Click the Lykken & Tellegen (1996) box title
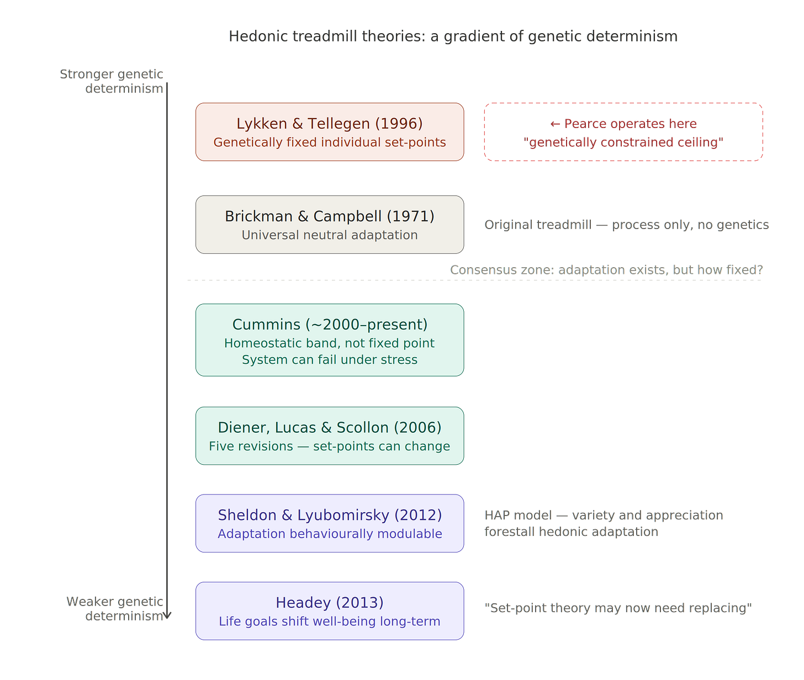click(x=330, y=124)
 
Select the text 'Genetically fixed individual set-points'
click(x=330, y=142)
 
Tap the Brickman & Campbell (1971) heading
click(x=330, y=216)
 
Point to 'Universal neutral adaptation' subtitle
click(x=330, y=235)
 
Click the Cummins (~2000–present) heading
click(x=330, y=325)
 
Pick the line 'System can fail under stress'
click(x=330, y=360)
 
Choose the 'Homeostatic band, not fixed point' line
click(x=330, y=343)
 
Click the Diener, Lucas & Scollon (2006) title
click(x=330, y=428)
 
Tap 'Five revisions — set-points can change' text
click(x=330, y=447)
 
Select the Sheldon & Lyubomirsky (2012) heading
click(x=330, y=515)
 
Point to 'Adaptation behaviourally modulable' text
click(x=330, y=534)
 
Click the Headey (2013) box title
click(x=330, y=603)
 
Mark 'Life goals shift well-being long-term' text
click(x=330, y=621)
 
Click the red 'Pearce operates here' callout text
click(x=623, y=124)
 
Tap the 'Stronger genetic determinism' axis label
click(x=112, y=81)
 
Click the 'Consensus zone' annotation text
click(x=606, y=270)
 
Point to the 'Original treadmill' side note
click(x=626, y=225)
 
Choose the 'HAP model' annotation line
click(x=604, y=516)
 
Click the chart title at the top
click(x=453, y=36)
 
